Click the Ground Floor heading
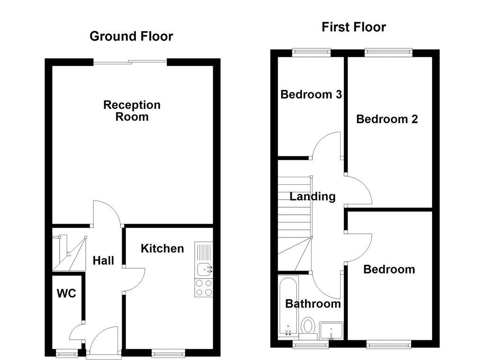point(131,36)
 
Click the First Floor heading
point(353,27)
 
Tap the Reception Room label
point(132,111)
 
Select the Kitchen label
point(162,248)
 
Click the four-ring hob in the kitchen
point(204,287)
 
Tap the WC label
point(66,294)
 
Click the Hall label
point(103,260)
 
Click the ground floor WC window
point(66,353)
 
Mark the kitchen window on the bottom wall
point(169,353)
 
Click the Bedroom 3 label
point(311,94)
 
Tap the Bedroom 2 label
point(387,119)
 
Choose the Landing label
point(313,196)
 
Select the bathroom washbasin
point(331,330)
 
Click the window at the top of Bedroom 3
point(311,53)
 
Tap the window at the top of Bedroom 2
point(388,53)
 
